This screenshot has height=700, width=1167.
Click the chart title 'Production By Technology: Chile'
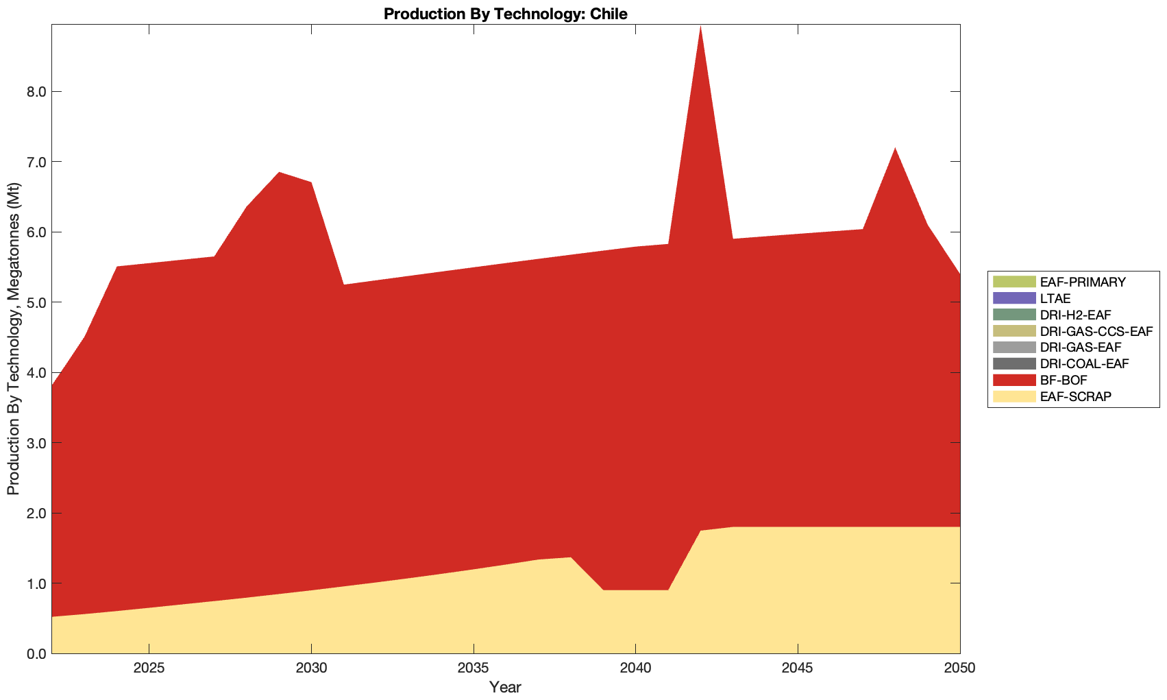click(505, 14)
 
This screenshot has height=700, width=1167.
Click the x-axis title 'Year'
click(505, 687)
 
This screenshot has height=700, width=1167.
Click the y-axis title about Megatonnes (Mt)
click(13, 339)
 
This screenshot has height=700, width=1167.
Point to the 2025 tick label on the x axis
click(149, 668)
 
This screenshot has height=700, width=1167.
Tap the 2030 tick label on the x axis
click(312, 668)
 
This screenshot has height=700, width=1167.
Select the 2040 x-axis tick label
click(636, 668)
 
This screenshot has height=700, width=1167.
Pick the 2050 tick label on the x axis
click(959, 668)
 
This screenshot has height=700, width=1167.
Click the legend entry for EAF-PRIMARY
click(1082, 282)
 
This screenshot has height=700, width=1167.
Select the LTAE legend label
click(1055, 298)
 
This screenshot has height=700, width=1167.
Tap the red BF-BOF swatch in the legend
click(1014, 380)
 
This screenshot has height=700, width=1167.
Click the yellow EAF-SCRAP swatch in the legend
click(1014, 396)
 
